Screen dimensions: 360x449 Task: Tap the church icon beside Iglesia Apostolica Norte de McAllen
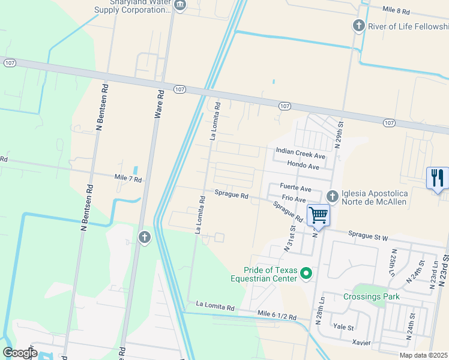coord(332,197)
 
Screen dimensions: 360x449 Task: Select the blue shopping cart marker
coord(318,215)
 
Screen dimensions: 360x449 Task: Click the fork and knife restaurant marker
coord(438,178)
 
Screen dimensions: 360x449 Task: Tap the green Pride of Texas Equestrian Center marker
coord(307,274)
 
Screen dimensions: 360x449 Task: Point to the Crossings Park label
coord(372,296)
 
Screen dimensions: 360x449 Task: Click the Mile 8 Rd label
coord(396,11)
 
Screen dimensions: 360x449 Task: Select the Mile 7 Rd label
coord(128,179)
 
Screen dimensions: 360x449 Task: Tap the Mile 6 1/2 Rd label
coord(277,316)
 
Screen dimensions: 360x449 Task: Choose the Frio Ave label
coord(294,199)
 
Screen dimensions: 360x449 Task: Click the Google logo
coord(20,353)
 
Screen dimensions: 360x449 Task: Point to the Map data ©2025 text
coord(423,355)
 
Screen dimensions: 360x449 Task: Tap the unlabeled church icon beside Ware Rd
coord(144,238)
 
